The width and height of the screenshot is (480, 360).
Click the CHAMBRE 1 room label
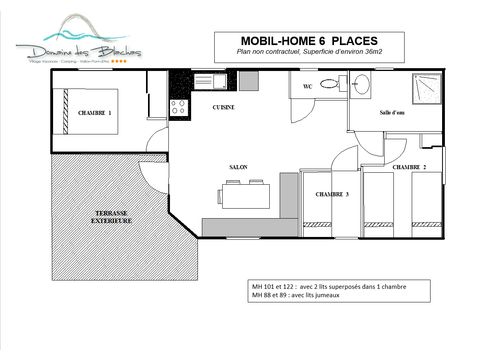(96, 113)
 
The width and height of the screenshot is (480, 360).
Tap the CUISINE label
(224, 105)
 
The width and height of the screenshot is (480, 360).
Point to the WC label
(308, 88)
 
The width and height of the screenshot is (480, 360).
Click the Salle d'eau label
(392, 114)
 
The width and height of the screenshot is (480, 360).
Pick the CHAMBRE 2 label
(409, 167)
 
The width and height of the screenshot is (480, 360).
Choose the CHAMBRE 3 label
(332, 194)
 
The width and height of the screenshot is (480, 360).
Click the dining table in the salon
(239, 196)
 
